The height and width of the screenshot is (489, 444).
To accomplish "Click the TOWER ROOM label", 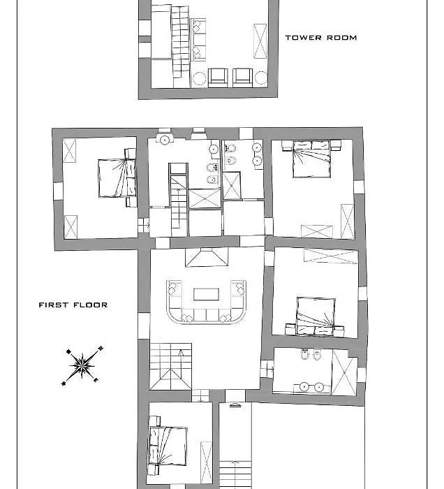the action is tap(321, 38).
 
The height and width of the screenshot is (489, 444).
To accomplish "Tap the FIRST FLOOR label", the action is tap(73, 305).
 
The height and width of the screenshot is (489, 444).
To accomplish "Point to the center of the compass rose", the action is tap(82, 365).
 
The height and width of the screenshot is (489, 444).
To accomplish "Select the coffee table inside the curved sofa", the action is tap(206, 294).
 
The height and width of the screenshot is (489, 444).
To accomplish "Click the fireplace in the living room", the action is tap(207, 258).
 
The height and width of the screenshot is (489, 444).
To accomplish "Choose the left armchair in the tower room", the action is tap(218, 78).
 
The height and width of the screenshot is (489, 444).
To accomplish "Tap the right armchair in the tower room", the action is tap(242, 78).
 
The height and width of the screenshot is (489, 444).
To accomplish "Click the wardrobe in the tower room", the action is tap(260, 41).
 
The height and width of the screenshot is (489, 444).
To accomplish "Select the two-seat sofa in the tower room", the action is tap(198, 39).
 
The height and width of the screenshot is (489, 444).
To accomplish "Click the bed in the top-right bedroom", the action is tap(311, 159).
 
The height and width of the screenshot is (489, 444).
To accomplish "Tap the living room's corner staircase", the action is tap(170, 367).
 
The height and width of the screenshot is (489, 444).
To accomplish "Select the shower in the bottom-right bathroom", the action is tap(344, 372).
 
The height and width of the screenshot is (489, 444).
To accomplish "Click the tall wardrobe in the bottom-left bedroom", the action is tap(206, 462).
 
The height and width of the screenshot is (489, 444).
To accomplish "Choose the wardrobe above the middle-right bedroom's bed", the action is tap(331, 256).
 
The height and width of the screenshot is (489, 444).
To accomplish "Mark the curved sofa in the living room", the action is tap(206, 302).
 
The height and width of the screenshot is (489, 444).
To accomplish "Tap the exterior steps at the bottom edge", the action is tap(235, 474).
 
